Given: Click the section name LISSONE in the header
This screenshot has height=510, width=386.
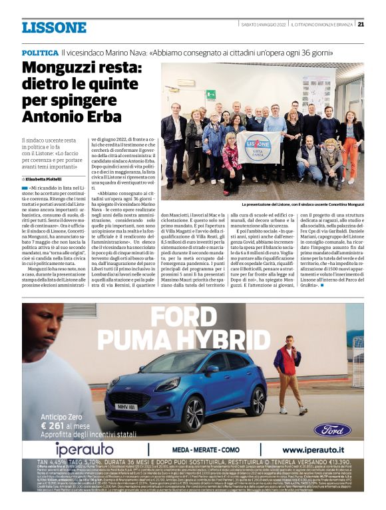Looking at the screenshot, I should click(54, 27).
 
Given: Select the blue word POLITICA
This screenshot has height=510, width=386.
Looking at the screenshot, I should click(39, 52).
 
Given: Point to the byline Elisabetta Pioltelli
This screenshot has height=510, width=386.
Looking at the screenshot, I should click(47, 179).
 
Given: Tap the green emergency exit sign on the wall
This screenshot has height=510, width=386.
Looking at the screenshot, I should click(210, 95).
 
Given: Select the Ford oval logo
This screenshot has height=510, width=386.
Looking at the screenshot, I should click(333, 429).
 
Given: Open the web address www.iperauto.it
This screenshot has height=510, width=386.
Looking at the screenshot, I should click(312, 450).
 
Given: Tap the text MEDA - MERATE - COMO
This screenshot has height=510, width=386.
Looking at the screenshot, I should click(205, 450).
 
